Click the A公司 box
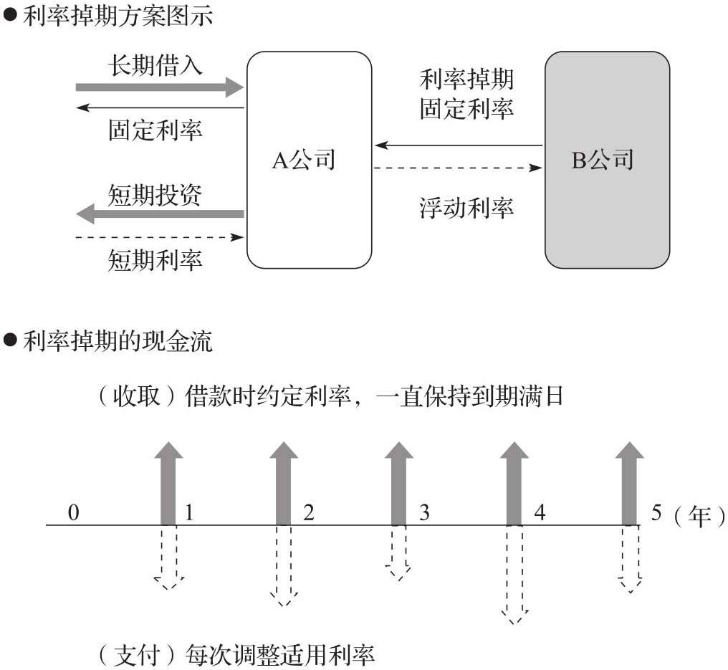coord(309,160)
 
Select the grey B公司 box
coord(607,160)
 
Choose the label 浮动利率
coord(466,209)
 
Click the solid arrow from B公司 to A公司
coord(459,145)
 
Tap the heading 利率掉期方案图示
coord(118,16)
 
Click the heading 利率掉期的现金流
coord(118,342)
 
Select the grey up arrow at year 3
coord(399,484)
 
